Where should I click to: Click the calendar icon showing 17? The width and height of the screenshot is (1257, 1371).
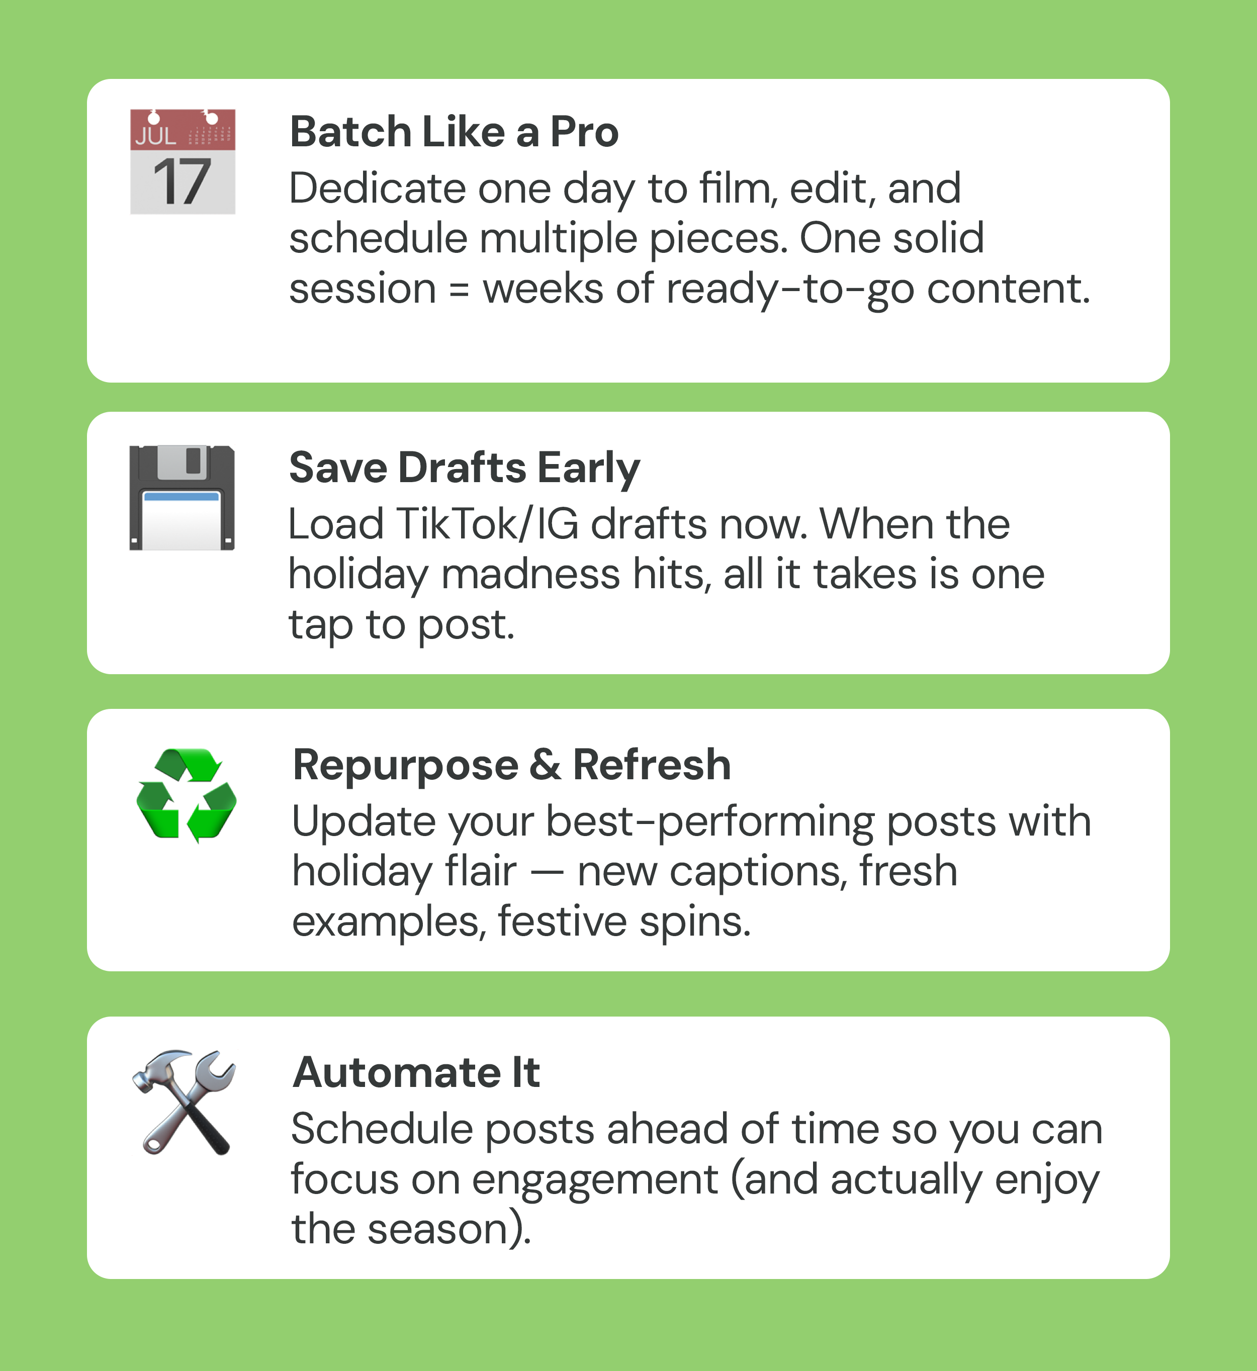(183, 162)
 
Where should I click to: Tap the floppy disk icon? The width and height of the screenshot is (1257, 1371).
(183, 498)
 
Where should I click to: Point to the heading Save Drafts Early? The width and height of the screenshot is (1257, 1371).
(465, 469)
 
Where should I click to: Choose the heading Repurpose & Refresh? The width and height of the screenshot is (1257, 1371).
(511, 766)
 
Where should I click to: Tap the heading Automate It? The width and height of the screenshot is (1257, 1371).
(416, 1073)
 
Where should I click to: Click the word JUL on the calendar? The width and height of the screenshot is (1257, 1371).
(156, 136)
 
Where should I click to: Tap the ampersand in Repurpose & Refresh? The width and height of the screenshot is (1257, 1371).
(546, 766)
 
